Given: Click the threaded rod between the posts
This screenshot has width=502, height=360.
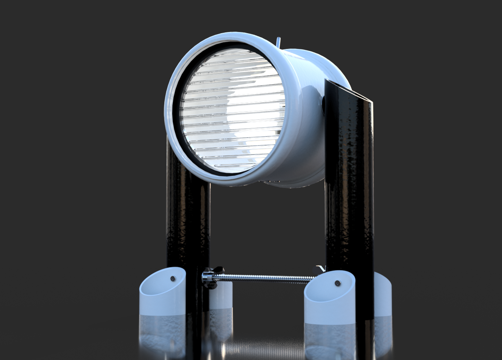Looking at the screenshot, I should pyautogui.click(x=264, y=278).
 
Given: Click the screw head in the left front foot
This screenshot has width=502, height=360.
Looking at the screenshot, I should pyautogui.click(x=173, y=278).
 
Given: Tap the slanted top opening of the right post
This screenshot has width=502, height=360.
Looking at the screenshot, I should pyautogui.click(x=349, y=90).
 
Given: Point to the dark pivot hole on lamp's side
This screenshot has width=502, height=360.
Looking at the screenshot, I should pyautogui.click(x=324, y=106).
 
